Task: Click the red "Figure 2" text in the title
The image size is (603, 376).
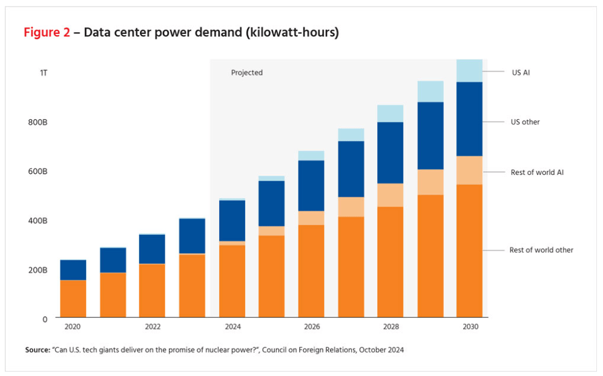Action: point(47,33)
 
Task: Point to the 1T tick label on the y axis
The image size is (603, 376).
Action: point(44,73)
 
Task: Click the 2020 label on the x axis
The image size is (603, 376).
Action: point(73,327)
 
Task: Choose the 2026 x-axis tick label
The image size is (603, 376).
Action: point(312,327)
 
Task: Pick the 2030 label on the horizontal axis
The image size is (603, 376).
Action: point(470,327)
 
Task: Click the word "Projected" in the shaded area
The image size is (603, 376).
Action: point(247,73)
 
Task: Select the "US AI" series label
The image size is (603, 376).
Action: point(521,72)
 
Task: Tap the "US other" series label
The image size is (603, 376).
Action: point(525,122)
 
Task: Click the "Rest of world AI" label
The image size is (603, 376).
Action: point(537,173)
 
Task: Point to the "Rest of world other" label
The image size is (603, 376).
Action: point(541,250)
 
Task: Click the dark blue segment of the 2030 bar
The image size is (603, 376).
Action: point(469,119)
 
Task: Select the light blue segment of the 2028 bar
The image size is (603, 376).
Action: point(390,113)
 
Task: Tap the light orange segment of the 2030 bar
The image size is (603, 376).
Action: point(469,170)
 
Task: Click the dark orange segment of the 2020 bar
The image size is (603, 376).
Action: point(73,298)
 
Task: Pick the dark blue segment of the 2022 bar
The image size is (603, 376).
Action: point(152,249)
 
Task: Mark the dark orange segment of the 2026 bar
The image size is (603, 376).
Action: point(311,271)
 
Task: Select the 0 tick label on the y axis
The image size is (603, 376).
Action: point(45,318)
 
